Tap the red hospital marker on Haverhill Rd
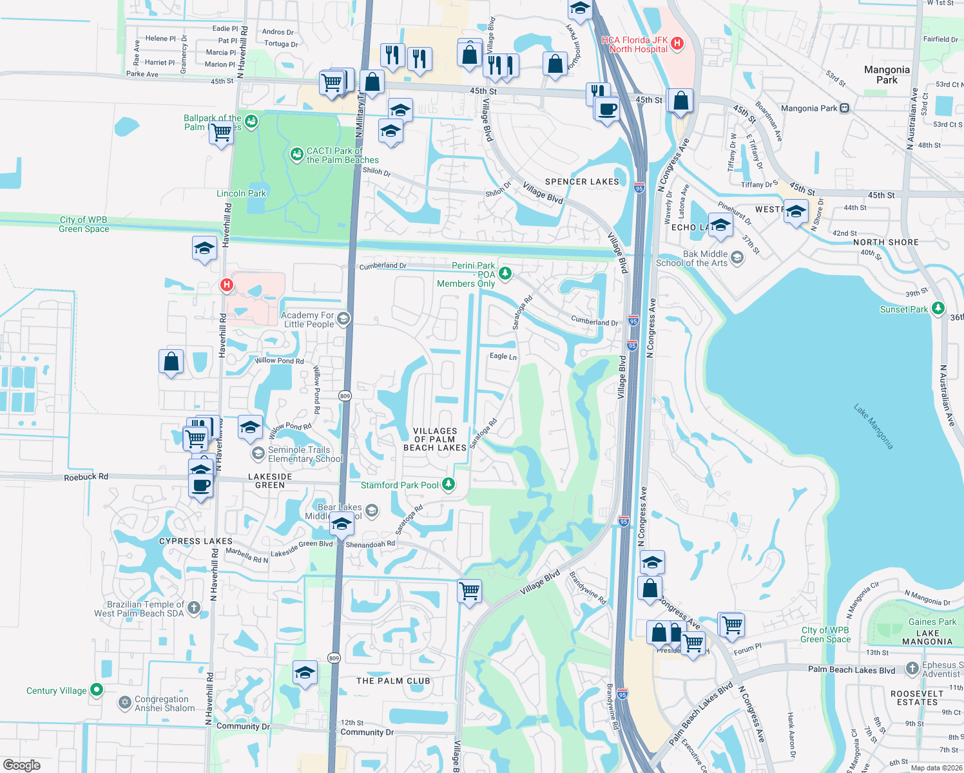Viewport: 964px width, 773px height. (226, 284)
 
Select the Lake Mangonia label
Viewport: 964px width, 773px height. (874, 426)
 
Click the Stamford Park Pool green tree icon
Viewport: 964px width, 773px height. (448, 484)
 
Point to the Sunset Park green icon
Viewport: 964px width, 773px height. (938, 309)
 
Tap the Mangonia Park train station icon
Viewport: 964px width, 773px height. (845, 108)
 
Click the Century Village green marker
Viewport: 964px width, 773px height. (97, 690)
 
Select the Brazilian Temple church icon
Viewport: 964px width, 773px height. (194, 608)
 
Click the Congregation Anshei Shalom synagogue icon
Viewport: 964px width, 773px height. (125, 703)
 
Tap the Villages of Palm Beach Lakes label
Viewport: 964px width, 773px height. (435, 439)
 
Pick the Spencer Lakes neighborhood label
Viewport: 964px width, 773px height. (582, 182)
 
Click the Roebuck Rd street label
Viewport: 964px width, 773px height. (86, 477)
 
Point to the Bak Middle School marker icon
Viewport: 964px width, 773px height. (737, 258)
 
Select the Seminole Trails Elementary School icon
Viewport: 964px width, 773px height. (258, 453)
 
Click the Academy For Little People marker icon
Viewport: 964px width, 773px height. (343, 319)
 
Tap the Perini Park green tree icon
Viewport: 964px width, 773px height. (505, 274)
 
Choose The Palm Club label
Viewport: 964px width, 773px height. (393, 681)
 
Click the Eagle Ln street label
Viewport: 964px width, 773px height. (503, 356)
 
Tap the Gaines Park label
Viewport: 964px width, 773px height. (932, 622)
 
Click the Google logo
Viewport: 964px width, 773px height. (22, 765)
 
